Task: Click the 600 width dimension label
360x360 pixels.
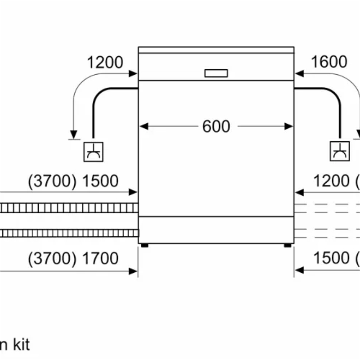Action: pos(216,126)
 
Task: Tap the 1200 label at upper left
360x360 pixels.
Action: pos(104,62)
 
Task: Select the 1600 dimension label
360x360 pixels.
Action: pos(329,62)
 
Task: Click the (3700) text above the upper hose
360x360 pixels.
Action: pos(52,181)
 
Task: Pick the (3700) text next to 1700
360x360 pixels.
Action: pos(52,258)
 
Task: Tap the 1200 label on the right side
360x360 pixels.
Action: pos(331,181)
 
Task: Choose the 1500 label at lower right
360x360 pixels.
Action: pos(331,258)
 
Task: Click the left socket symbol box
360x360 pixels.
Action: pos(94,151)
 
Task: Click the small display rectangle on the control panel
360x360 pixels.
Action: pos(216,73)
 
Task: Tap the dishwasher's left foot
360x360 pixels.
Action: pos(144,246)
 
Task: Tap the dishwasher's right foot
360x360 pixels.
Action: pos(287,246)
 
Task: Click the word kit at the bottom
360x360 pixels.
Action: pos(20,345)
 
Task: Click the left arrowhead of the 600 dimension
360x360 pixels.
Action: pos(143,126)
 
